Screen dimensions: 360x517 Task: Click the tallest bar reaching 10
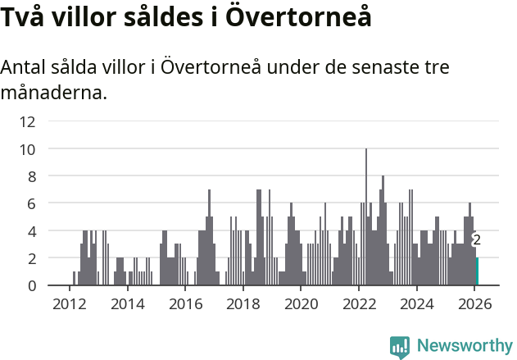366,217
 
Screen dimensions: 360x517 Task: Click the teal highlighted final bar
478,271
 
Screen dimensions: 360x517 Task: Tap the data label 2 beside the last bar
476,240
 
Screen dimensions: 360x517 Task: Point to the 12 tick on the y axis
27,122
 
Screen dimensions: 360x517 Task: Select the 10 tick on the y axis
27,149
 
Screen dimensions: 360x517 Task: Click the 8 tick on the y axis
30,176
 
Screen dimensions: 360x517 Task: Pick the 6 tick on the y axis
30,203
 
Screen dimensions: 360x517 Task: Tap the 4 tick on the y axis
30,231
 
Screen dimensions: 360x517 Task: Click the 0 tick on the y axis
30,285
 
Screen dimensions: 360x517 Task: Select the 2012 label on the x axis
69,303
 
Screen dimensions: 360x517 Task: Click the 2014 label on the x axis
127,303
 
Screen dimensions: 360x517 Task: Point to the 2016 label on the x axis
185,303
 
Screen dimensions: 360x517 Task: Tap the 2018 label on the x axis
243,303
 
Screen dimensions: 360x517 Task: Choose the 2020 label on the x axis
301,303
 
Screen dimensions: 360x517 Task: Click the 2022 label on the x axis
359,303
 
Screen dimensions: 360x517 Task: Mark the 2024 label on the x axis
417,303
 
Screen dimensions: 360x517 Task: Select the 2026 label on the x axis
475,303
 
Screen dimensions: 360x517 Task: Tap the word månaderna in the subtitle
54,93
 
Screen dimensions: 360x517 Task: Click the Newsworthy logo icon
400,347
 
